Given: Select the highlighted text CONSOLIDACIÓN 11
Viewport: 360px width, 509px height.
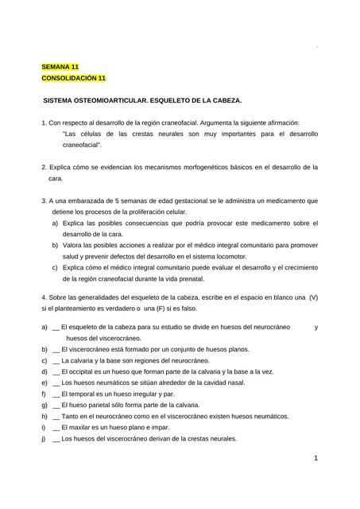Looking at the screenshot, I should click(73, 79).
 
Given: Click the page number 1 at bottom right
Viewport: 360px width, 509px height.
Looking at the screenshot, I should click(315, 458).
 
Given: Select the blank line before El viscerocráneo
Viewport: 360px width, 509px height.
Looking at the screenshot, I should click(55, 349).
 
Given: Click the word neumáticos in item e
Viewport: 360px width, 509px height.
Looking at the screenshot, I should click(112, 383).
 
